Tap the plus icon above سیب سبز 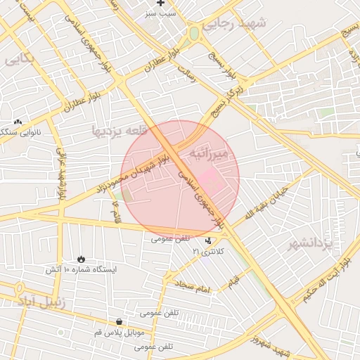click(161, 4)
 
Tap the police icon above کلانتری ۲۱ click(207, 240)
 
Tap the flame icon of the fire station click(82, 259)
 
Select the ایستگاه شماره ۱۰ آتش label click(82, 269)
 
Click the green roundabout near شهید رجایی click(193, 33)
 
